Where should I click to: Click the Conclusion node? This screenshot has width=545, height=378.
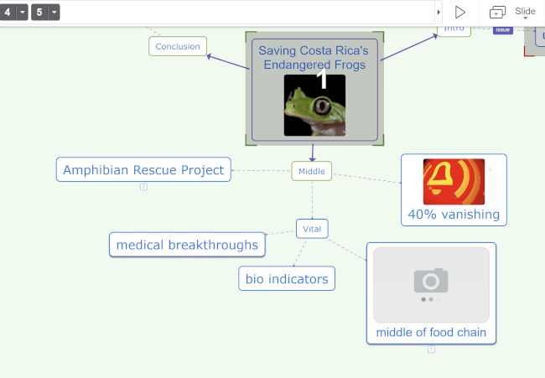[178, 46]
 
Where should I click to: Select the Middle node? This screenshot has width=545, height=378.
[312, 171]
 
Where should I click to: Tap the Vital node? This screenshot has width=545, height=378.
[312, 228]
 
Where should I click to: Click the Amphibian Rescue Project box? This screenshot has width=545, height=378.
[144, 170]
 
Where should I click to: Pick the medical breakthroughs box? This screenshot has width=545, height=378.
[187, 245]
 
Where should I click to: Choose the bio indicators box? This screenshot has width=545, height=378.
[286, 278]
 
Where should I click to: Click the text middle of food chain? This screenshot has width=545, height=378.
[431, 333]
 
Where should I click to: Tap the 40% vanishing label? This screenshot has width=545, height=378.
[454, 215]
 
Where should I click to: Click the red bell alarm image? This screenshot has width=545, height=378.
[454, 181]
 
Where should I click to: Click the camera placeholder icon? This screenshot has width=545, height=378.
[431, 280]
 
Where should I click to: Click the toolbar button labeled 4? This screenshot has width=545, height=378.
[8, 12]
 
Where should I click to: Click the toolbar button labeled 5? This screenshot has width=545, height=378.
[39, 12]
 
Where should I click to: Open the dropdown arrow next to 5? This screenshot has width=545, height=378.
[54, 12]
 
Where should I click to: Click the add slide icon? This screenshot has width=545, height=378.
[497, 12]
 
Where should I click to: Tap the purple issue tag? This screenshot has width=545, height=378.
[502, 30]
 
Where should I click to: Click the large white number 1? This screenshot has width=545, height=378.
[322, 80]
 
